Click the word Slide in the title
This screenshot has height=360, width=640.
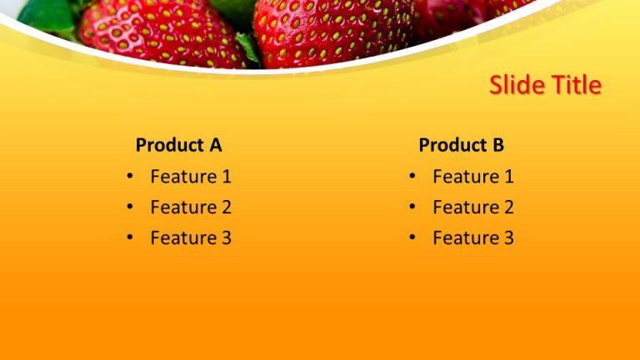click(515, 85)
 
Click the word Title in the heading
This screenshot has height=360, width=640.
click(573, 85)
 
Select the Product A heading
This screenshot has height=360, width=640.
click(178, 145)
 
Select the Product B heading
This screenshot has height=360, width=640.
click(461, 145)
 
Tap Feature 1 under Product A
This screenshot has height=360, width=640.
click(191, 177)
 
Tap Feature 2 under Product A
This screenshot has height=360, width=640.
click(191, 207)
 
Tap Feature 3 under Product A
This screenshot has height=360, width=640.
click(191, 238)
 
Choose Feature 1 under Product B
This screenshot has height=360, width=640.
click(473, 177)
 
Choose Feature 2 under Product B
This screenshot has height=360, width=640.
click(473, 207)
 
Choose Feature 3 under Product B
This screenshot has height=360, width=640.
click(473, 238)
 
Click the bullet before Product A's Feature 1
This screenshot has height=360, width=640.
click(130, 177)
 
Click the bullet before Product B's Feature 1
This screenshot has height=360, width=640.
click(412, 177)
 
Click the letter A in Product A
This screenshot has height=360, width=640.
click(215, 145)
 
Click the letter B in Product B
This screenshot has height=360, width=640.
click(497, 145)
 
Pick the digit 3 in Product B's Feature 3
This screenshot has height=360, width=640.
click(508, 238)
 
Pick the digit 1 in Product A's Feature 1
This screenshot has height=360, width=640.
click(226, 177)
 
